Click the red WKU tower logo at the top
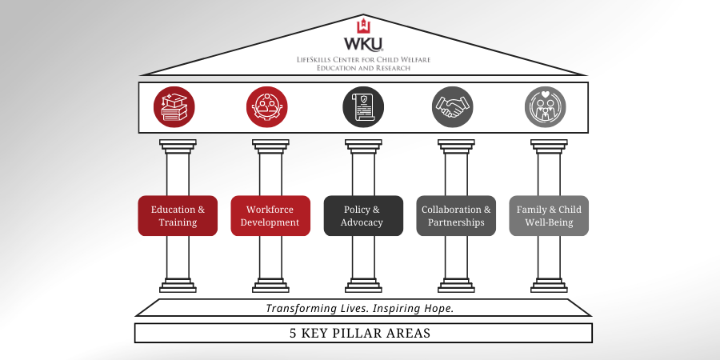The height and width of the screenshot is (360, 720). coord(363,24)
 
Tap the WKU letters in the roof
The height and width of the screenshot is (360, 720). coord(363,44)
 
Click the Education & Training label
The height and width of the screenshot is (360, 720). coord(178,216)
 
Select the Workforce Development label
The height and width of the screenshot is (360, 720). coord(270,216)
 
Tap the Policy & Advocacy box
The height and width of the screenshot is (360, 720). coord(363,216)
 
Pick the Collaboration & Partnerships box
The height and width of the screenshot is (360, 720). coord(456,216)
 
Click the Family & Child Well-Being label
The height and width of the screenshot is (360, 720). coord(549,216)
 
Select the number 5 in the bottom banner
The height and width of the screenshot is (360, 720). coord(294,333)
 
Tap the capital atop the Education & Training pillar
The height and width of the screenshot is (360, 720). coord(178,145)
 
